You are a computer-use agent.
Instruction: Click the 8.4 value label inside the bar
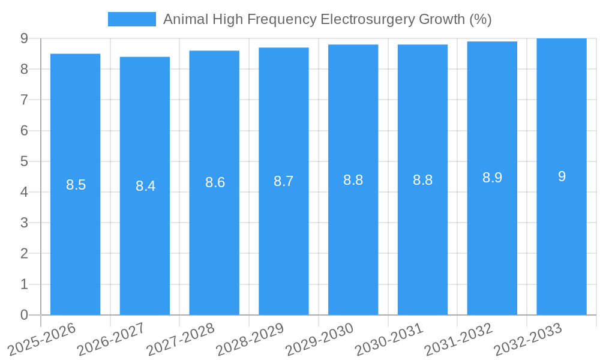(145, 186)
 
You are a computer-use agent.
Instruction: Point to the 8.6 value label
(215, 183)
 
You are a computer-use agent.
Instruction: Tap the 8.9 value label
(492, 178)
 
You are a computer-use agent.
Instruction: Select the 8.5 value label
(76, 185)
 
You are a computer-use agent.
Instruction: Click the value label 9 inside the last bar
(562, 176)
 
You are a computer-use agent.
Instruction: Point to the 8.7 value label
(283, 181)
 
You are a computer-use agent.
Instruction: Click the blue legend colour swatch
(131, 19)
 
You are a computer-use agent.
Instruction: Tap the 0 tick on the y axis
(24, 315)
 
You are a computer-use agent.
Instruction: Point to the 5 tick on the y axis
(24, 161)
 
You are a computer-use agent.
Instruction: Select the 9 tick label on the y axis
(24, 38)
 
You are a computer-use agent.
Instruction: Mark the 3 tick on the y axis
(24, 223)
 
